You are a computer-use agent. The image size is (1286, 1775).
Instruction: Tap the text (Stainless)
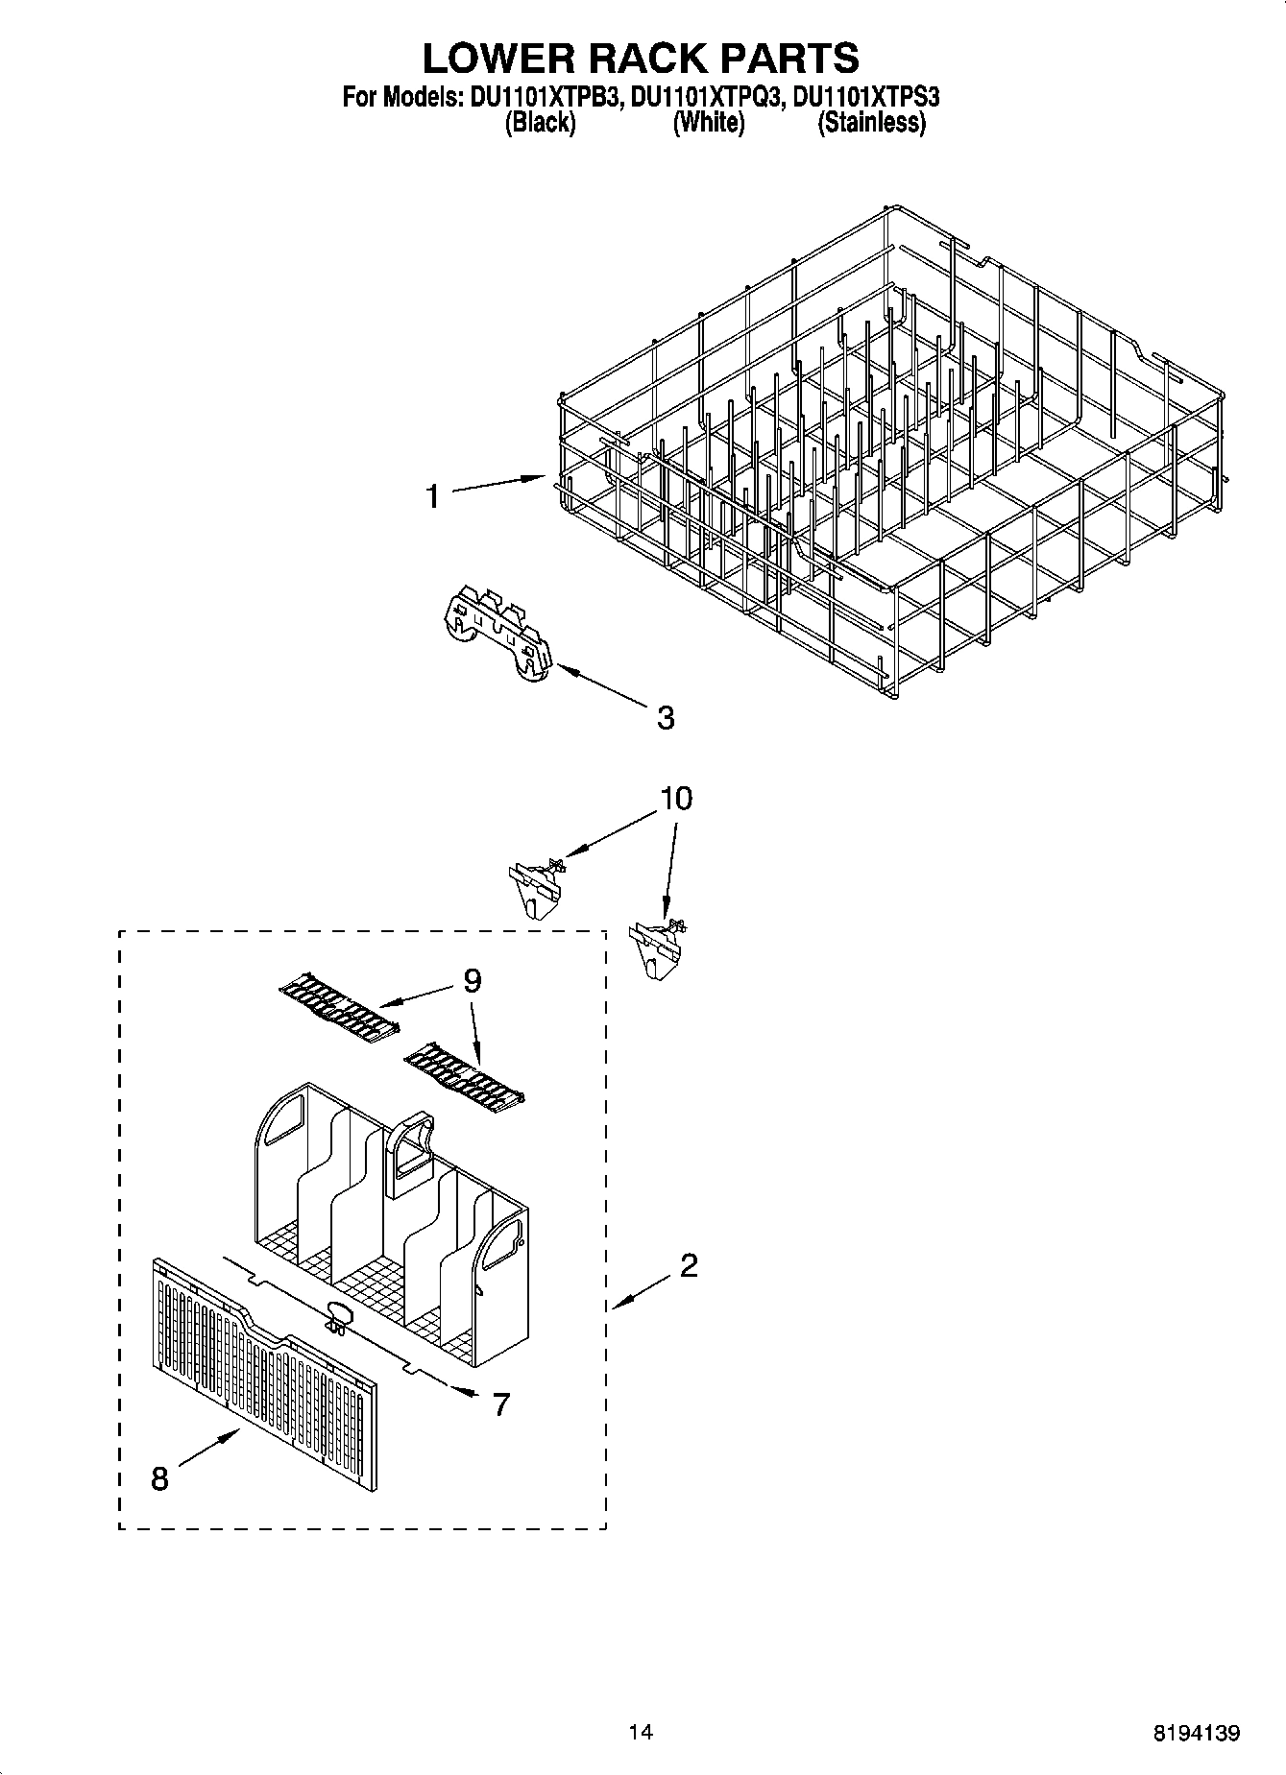tap(871, 123)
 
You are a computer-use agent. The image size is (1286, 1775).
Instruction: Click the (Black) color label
tap(540, 123)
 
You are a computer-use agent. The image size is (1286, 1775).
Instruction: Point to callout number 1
tap(433, 496)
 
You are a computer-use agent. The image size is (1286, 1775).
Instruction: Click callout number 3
tap(666, 717)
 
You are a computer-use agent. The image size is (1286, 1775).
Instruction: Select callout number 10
tap(676, 799)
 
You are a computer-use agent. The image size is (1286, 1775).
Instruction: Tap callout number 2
tap(689, 1266)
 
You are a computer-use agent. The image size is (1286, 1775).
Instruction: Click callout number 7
tap(500, 1404)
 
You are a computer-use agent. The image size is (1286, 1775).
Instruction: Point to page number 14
tap(641, 1732)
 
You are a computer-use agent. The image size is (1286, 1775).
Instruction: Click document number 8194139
tap(1196, 1733)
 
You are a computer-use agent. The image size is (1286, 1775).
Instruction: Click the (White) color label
tap(708, 123)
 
